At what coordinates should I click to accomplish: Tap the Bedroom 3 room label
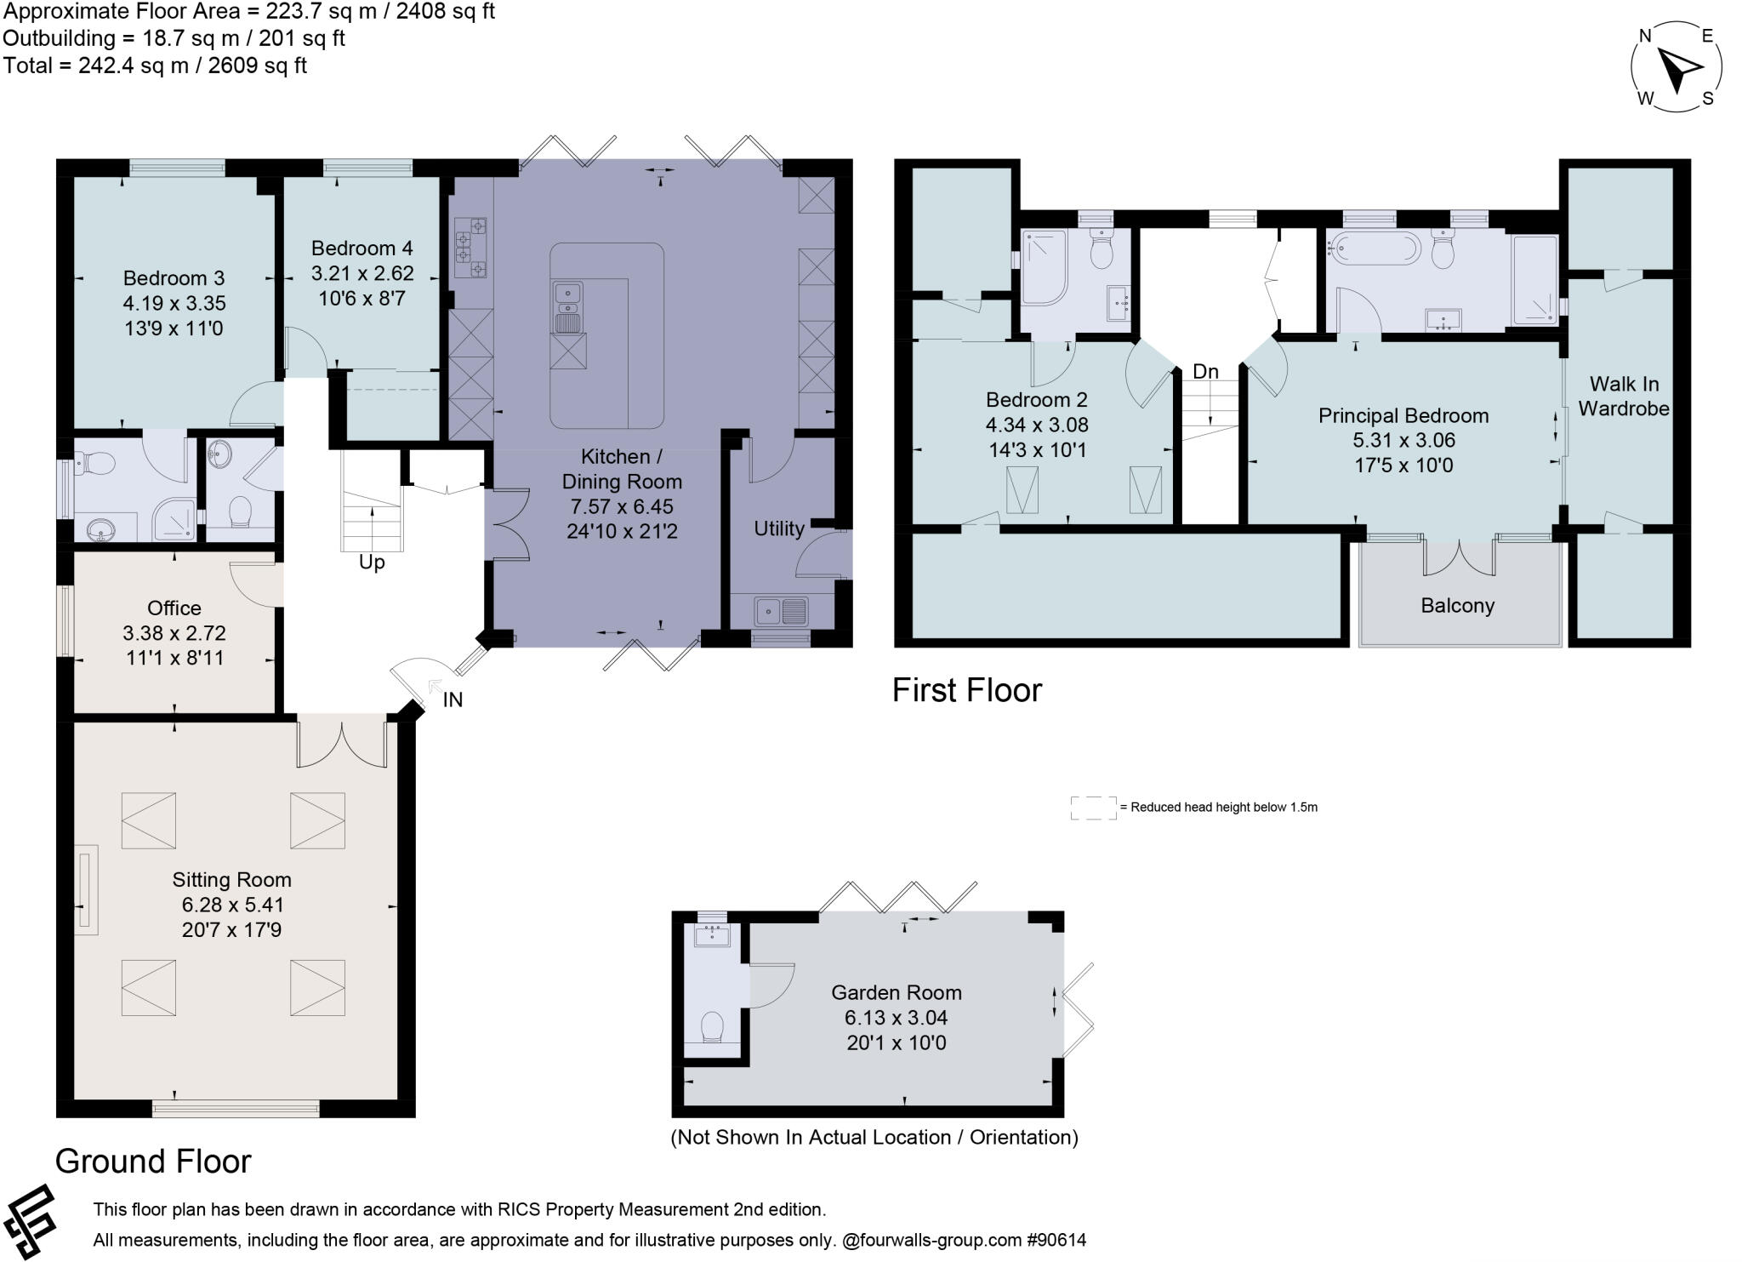coord(174,278)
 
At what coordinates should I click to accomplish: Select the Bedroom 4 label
coord(361,248)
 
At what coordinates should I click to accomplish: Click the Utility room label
coord(778,529)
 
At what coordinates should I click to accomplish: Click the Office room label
coord(174,608)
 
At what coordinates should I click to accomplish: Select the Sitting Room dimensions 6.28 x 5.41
coord(232,905)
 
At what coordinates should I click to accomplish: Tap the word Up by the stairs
coord(372,562)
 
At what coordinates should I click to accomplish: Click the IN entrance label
coord(453,700)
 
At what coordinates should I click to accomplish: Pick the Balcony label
coord(1457,606)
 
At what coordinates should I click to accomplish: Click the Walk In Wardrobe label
coord(1623,397)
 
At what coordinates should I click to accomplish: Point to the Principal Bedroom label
coord(1403,416)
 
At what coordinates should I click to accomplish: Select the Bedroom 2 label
coord(1036,400)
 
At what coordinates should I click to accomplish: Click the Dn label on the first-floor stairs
coord(1205,372)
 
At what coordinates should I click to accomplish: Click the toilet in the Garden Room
coord(711,1027)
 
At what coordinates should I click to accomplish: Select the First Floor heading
coord(966,690)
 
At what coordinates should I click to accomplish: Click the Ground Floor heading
coord(153,1162)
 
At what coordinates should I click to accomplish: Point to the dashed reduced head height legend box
coord(1093,808)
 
